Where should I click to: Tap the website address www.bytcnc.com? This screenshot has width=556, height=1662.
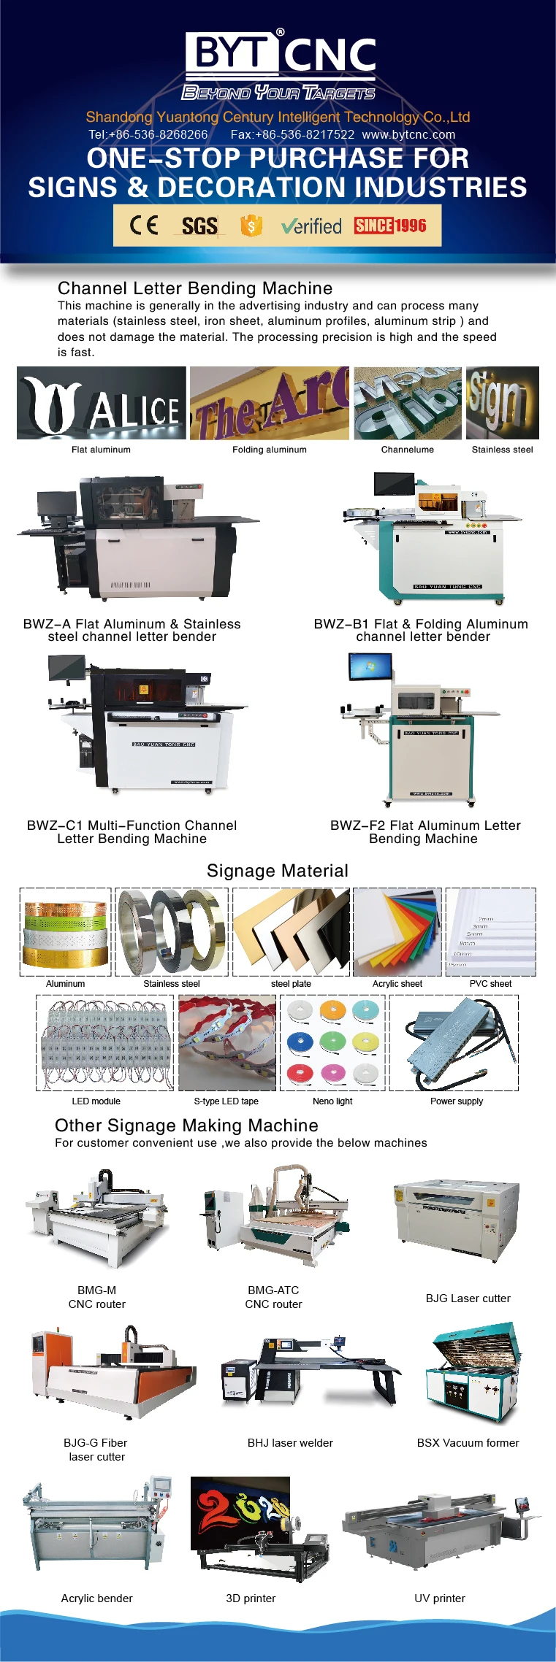(408, 134)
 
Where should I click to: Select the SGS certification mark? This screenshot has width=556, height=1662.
(199, 226)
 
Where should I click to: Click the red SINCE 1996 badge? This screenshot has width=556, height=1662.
(390, 226)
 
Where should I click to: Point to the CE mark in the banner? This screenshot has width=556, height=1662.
(144, 225)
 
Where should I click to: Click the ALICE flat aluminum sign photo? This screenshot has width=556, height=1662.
(102, 403)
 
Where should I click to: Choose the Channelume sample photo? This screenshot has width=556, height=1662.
(408, 403)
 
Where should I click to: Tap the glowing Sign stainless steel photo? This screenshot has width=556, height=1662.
(502, 403)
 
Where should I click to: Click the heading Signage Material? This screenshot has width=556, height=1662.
(278, 871)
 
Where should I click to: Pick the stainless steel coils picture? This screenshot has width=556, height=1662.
(172, 932)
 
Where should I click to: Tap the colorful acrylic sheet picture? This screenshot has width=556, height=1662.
(397, 932)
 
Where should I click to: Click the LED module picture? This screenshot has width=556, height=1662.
(105, 1043)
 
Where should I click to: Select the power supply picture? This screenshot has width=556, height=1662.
(454, 1043)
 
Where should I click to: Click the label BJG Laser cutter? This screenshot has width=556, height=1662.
(468, 1298)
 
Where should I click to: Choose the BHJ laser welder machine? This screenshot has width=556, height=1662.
(310, 1372)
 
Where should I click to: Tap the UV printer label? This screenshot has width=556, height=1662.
(440, 1598)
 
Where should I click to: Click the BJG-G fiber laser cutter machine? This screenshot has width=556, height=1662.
(113, 1372)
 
